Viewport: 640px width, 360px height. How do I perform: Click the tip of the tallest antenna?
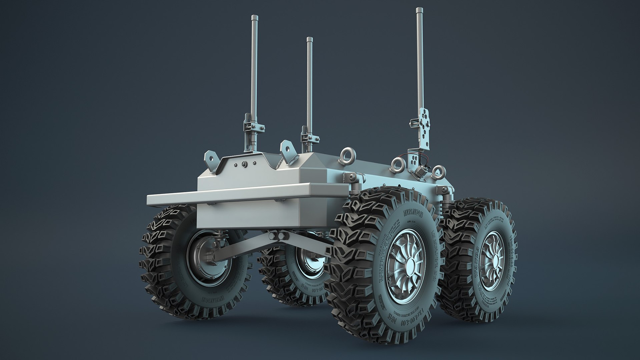tap(418, 9)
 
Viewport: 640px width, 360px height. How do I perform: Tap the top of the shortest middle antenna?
tap(309, 39)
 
